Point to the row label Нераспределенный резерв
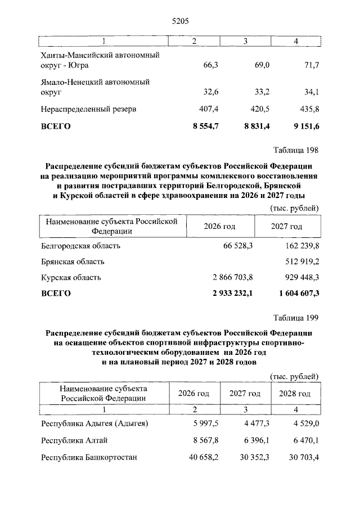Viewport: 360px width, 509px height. (x=88, y=109)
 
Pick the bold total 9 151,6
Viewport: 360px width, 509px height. (x=303, y=127)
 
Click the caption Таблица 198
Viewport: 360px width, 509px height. (x=296, y=150)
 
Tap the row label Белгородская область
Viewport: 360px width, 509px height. (x=80, y=246)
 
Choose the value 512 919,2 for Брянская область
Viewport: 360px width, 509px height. (x=299, y=262)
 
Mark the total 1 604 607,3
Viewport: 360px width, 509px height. (x=295, y=293)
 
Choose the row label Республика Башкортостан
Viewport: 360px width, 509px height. (x=89, y=457)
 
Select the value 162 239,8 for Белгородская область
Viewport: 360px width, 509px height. (x=299, y=246)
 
